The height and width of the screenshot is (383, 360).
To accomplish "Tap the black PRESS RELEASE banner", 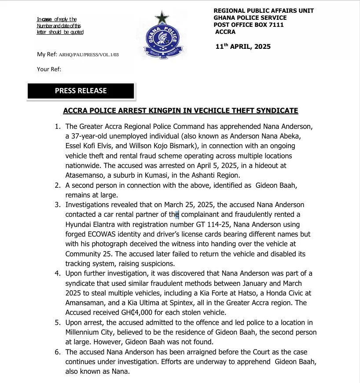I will [x=81, y=91].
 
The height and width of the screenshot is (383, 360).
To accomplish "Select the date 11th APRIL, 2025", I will [x=243, y=46].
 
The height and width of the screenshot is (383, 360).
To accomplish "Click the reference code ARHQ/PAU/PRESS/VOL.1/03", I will [x=88, y=55].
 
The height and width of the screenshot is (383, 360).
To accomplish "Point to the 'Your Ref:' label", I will [x=49, y=69].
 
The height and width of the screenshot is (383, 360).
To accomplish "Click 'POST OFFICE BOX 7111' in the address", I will [x=248, y=25].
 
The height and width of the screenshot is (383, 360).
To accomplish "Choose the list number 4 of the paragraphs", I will [x=58, y=274].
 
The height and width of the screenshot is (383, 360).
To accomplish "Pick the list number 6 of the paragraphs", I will [x=58, y=352].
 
